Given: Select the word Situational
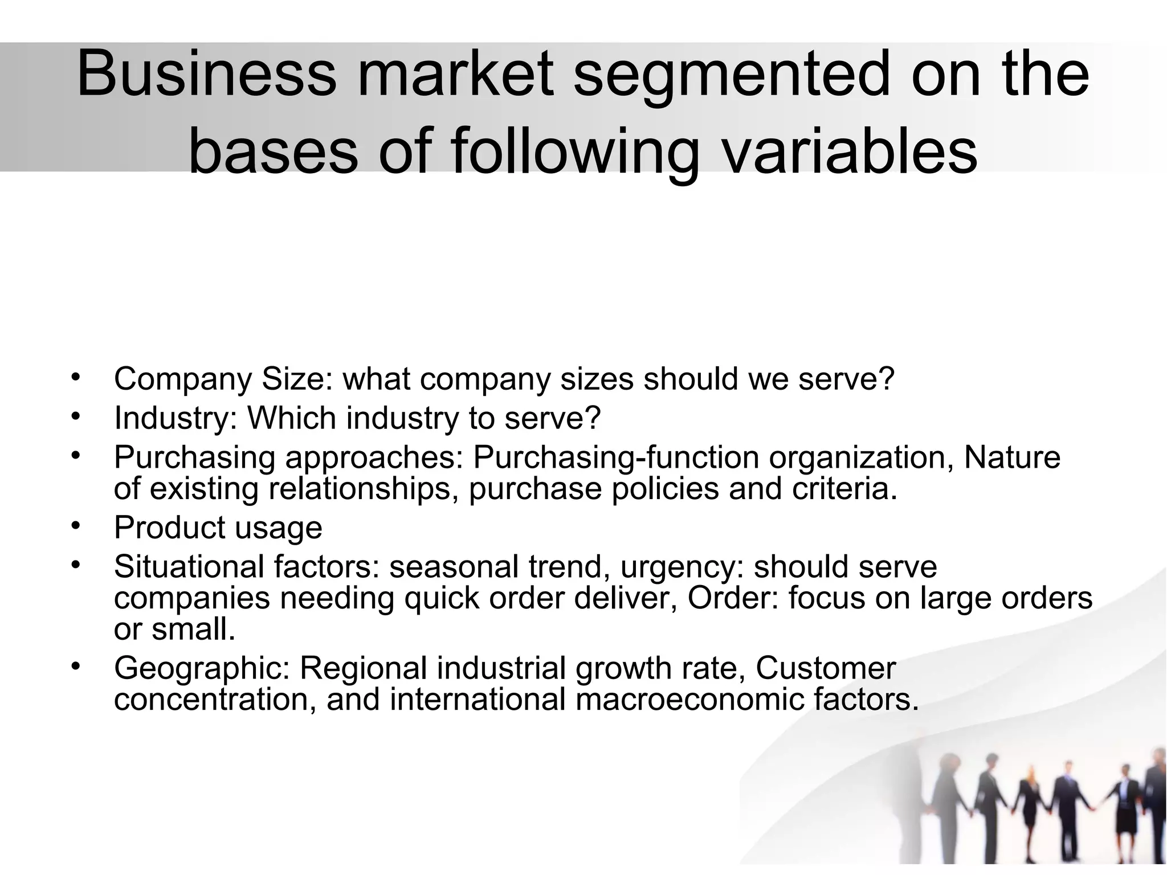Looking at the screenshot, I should coord(189,566).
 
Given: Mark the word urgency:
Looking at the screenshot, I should coord(682,566).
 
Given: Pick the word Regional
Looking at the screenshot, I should coord(363,668).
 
